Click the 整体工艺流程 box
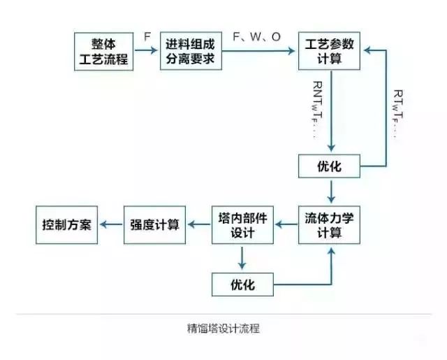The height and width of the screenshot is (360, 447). pyautogui.click(x=104, y=51)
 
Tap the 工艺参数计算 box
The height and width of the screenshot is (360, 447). pyautogui.click(x=330, y=51)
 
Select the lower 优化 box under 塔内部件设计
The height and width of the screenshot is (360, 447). pyautogui.click(x=242, y=285)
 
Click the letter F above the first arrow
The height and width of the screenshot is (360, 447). pyautogui.click(x=147, y=36)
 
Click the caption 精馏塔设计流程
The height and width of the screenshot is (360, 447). pyautogui.click(x=223, y=327)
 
